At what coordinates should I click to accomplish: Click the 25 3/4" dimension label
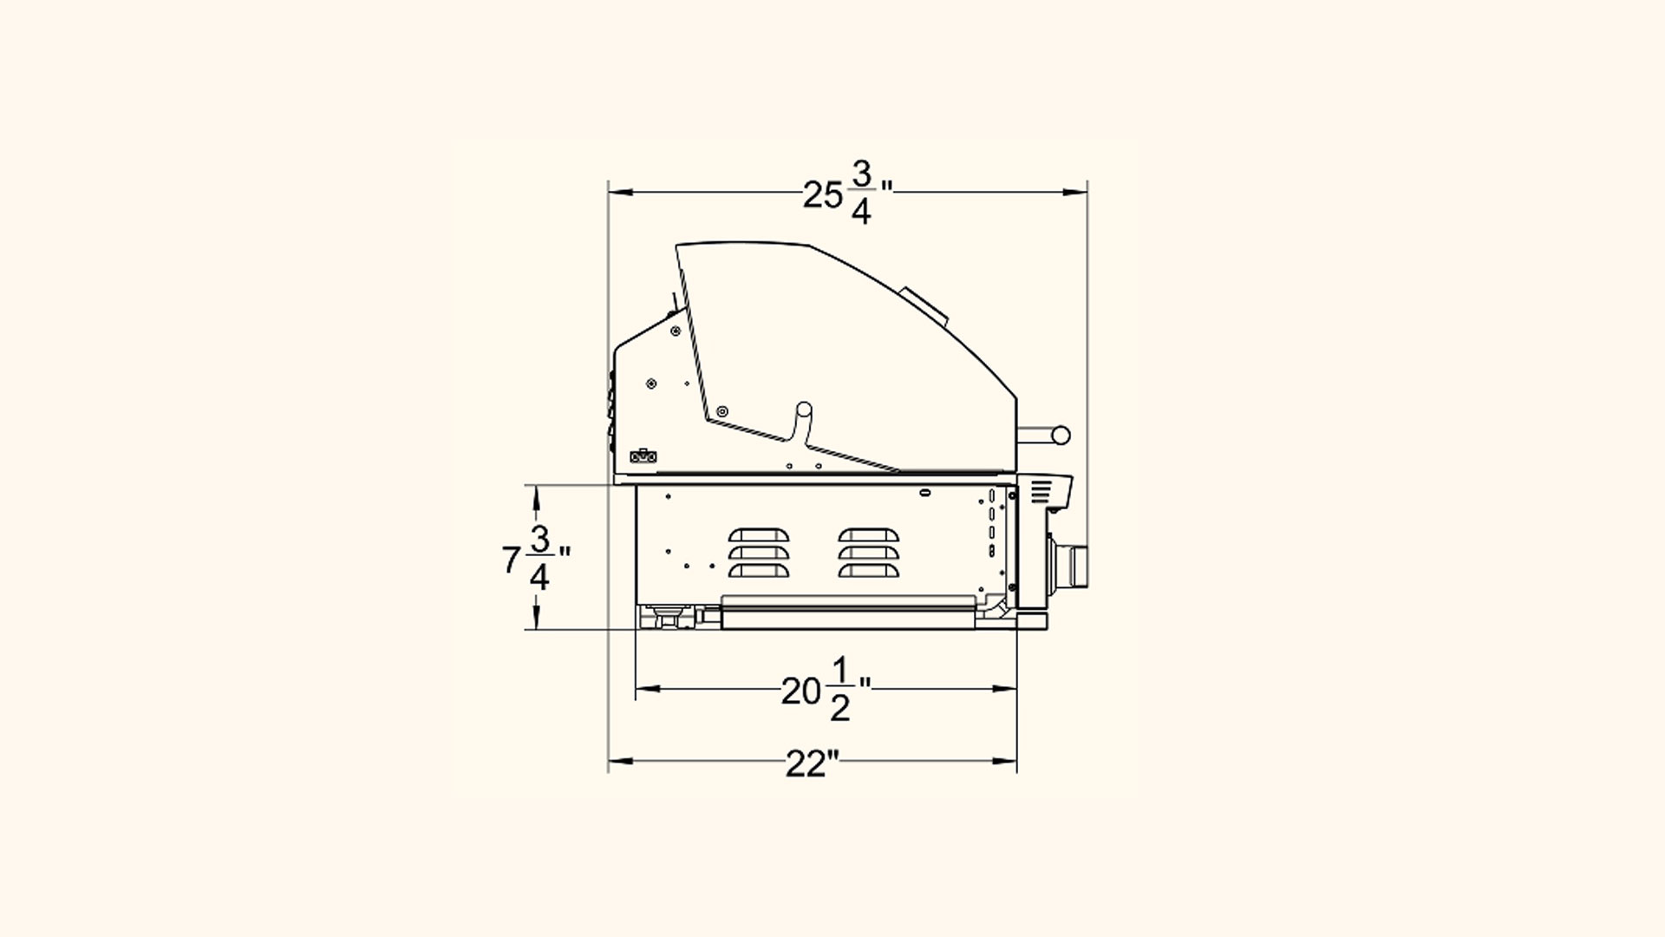pos(847,193)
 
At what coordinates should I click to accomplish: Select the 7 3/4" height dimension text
pos(537,559)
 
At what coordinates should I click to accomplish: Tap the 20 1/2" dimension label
pos(826,690)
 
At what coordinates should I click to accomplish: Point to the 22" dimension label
pos(813,763)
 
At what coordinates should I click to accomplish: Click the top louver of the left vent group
pos(760,535)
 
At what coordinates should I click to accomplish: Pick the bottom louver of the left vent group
pos(760,571)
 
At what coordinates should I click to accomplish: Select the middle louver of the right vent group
pos(869,553)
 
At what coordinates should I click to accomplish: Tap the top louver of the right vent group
pos(869,535)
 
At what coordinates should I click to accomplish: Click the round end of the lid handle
pos(1060,436)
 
